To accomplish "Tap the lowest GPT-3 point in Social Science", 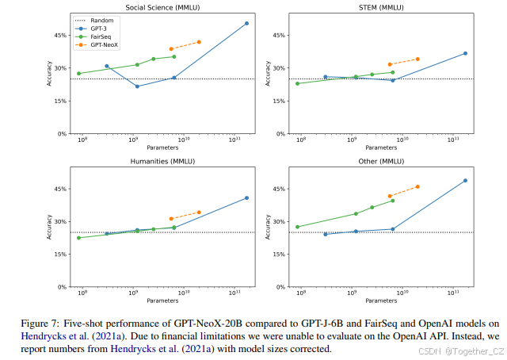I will pos(137,86).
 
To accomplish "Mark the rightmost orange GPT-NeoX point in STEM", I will pos(417,59).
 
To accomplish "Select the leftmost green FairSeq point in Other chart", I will pos(297,227).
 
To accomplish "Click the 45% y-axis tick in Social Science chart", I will pos(60,35).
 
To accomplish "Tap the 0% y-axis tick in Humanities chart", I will pos(63,287).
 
